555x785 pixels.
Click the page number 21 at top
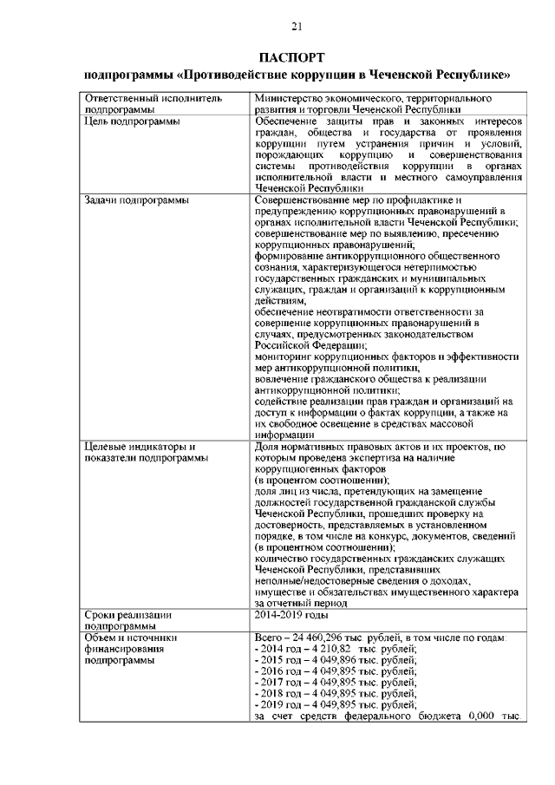[x=297, y=25]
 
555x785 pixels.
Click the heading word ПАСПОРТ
[x=296, y=57]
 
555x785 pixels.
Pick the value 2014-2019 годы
[x=291, y=614]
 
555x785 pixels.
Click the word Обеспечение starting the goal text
[x=290, y=121]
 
